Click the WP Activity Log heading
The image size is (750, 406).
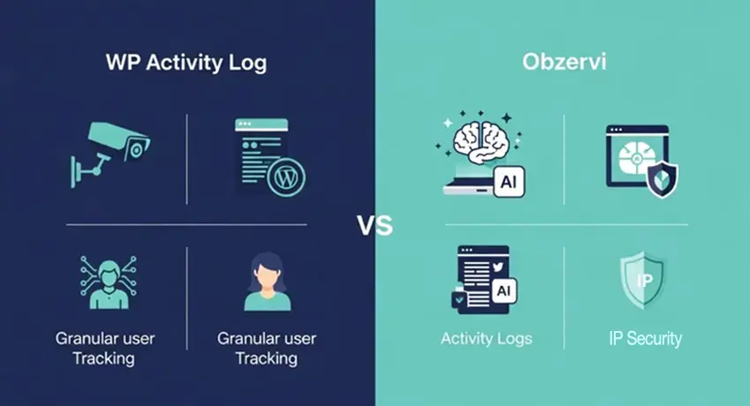tap(186, 63)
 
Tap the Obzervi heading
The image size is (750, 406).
tap(564, 62)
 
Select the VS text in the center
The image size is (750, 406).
tap(375, 225)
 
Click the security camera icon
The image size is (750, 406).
tap(110, 154)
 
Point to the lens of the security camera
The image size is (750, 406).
tap(136, 150)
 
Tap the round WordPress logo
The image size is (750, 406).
tap(286, 177)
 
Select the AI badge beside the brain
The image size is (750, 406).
tap(509, 182)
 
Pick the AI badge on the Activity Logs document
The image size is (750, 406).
tap(504, 291)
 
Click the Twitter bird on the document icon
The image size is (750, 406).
tap(498, 267)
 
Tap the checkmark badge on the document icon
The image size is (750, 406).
tap(459, 299)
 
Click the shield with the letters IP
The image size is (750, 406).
tap(643, 281)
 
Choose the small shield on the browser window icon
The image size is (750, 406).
tap(662, 179)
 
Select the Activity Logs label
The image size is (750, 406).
tap(487, 339)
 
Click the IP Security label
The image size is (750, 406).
tap(645, 339)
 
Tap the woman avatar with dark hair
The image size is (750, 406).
tap(268, 282)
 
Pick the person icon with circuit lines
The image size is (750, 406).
tap(109, 282)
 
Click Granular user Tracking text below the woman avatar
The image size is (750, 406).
tap(267, 349)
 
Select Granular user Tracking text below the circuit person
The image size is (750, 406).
tap(105, 349)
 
